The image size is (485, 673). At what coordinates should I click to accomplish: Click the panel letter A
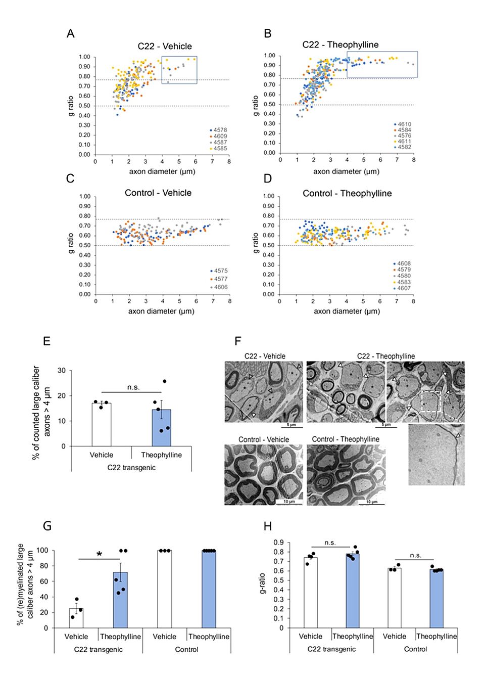click(x=71, y=33)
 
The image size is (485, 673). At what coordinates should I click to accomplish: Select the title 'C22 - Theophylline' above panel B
click(x=340, y=44)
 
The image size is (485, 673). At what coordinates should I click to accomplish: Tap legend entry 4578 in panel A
click(x=220, y=130)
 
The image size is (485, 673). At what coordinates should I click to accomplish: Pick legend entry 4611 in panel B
click(x=404, y=142)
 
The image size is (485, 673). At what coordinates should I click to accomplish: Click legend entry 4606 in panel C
click(x=220, y=287)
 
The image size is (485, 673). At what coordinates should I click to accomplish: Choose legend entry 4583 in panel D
click(x=404, y=282)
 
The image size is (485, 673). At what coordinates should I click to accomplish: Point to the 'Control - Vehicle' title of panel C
click(x=158, y=193)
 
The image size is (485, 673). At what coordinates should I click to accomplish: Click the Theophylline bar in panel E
click(x=161, y=428)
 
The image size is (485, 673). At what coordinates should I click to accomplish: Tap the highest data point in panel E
click(x=164, y=381)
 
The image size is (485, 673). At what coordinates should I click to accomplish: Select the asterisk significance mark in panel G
click(x=100, y=555)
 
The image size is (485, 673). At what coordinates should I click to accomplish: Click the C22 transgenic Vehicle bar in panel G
click(x=76, y=618)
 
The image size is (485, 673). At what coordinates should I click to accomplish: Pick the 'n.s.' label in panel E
click(x=133, y=387)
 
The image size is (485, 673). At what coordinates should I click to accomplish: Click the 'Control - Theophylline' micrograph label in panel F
click(x=346, y=439)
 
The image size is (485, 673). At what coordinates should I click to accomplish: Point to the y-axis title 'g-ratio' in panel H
click(x=262, y=583)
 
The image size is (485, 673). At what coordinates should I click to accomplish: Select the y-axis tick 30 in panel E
click(x=62, y=371)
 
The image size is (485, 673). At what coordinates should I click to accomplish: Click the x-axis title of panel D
click(x=347, y=311)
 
